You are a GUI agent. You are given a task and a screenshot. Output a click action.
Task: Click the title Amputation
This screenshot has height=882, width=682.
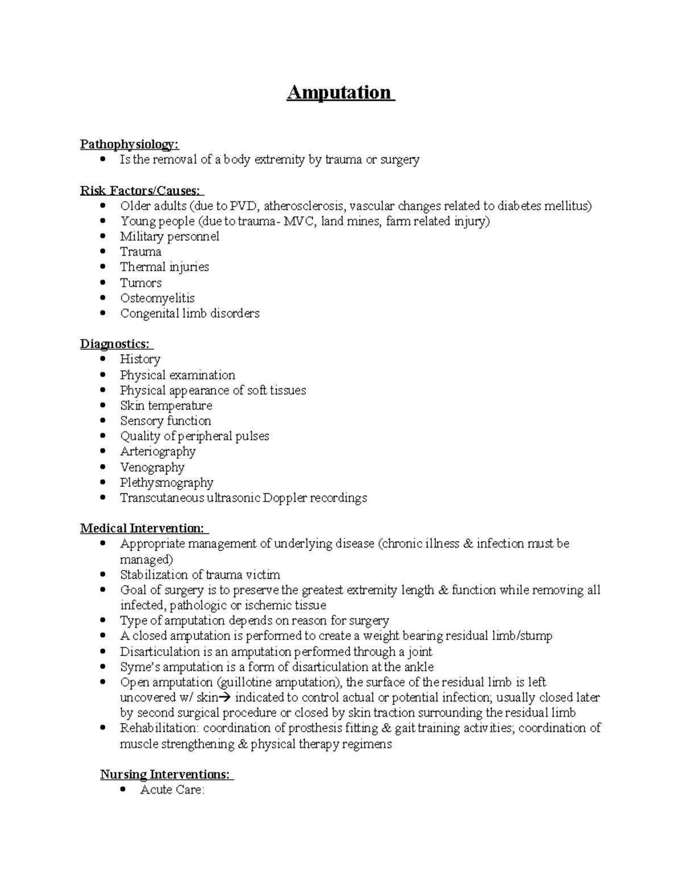click(339, 93)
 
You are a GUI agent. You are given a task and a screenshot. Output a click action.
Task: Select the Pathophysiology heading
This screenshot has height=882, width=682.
click(129, 144)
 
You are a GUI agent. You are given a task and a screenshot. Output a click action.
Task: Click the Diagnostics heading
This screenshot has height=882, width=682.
click(115, 344)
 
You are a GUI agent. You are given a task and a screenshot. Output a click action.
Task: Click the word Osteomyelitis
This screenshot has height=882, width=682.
click(157, 298)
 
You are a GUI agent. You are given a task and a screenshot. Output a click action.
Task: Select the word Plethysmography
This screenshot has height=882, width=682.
click(167, 483)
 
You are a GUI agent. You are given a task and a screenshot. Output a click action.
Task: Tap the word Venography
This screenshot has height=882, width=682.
click(152, 467)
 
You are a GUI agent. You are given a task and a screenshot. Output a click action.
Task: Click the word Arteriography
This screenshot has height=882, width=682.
click(158, 452)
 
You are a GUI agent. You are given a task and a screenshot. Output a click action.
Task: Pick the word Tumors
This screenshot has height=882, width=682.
click(141, 283)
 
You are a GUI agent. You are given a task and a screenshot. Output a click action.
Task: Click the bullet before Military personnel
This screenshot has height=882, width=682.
click(102, 236)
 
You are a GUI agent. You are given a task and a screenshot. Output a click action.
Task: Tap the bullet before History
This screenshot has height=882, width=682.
click(102, 359)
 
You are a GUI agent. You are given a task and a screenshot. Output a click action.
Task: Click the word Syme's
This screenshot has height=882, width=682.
click(140, 667)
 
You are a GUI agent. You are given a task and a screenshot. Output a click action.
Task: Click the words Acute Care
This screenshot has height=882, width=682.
click(172, 790)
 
